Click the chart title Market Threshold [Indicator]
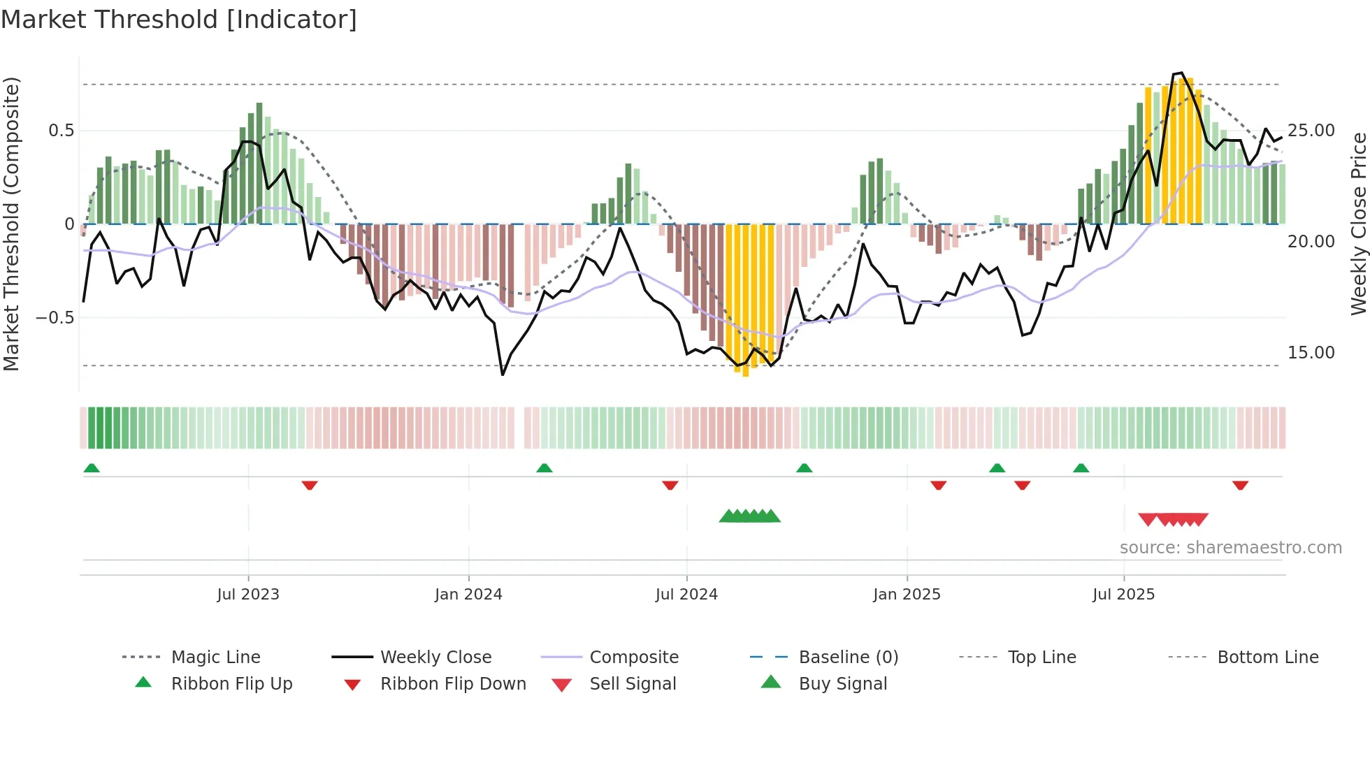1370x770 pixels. click(179, 20)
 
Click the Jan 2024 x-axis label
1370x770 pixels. click(468, 595)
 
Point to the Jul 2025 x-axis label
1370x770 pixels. click(1123, 595)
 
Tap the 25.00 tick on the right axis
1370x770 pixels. click(1311, 131)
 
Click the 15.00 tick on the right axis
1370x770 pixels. click(1311, 353)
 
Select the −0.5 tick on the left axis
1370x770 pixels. click(55, 318)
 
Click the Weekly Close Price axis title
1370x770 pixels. click(1358, 224)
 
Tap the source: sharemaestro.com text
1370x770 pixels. click(1230, 548)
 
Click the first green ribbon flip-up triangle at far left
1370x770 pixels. click(92, 468)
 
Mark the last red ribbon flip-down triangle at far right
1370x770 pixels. click(1241, 485)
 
